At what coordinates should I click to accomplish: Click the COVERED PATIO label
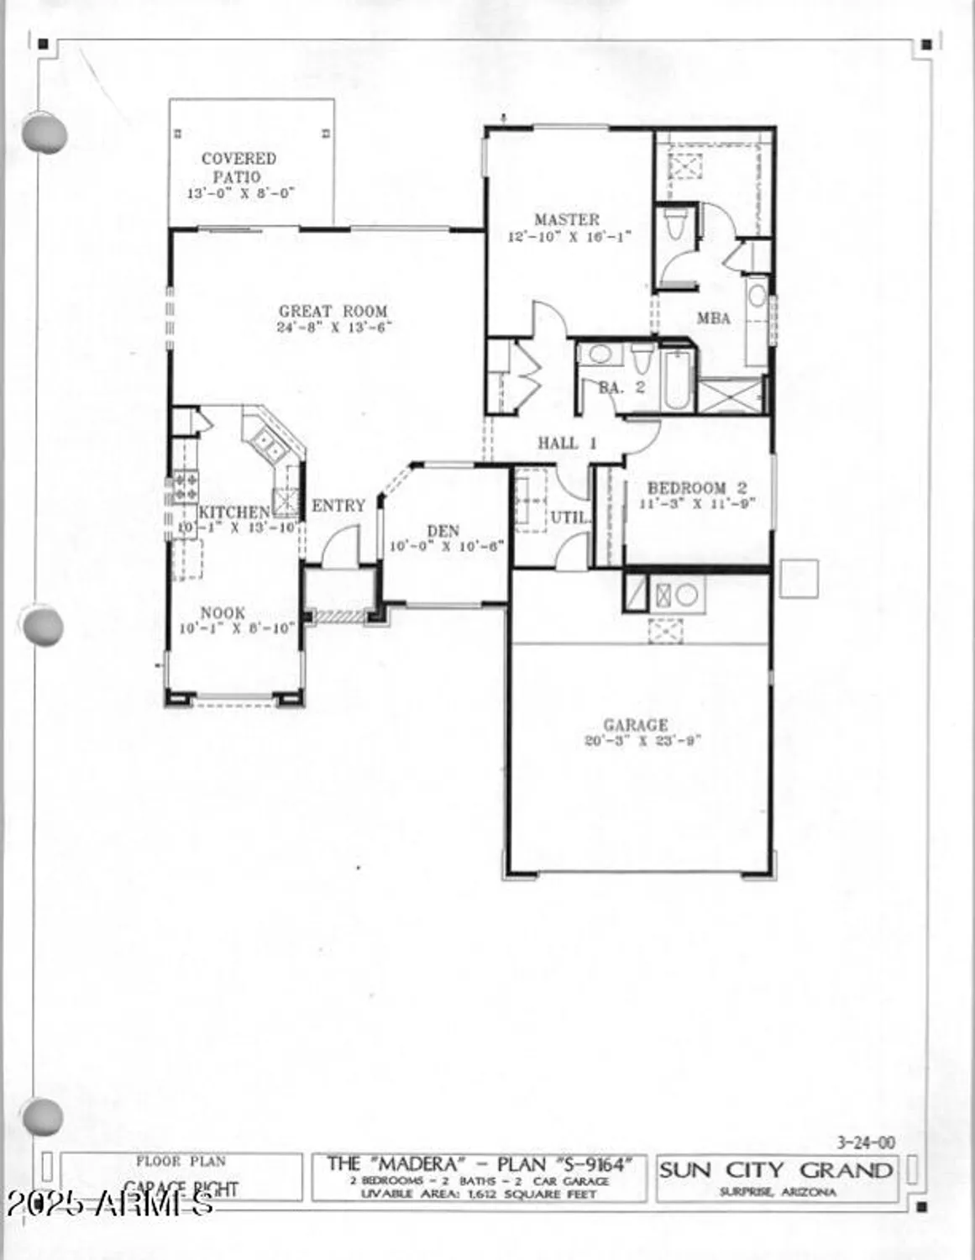(x=239, y=167)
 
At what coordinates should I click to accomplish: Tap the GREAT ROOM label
(x=333, y=312)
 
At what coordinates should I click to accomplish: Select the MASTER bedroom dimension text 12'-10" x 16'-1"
(x=569, y=237)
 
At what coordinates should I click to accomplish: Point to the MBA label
(x=713, y=318)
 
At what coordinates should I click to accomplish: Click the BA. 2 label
(x=621, y=387)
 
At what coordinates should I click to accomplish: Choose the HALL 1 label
(x=567, y=443)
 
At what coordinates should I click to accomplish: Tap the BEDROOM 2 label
(x=697, y=488)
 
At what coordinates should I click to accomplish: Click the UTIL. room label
(x=569, y=517)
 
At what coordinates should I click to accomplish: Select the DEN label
(x=443, y=531)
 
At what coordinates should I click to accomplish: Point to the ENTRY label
(x=338, y=506)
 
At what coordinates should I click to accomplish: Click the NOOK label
(x=223, y=613)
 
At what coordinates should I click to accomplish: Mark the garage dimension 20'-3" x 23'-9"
(x=642, y=741)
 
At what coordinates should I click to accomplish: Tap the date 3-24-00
(x=866, y=1142)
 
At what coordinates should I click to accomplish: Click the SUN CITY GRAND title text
(x=775, y=1170)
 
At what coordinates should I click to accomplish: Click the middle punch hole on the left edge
(x=42, y=627)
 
